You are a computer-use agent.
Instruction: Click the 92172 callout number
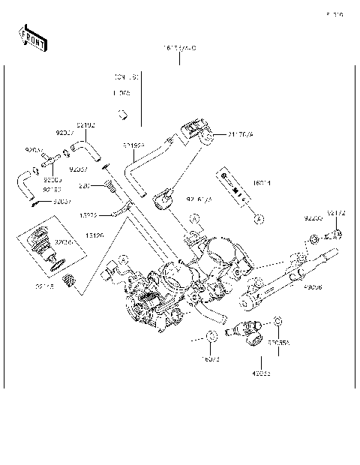pyautogui.click(x=337, y=213)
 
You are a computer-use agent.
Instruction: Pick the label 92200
pyautogui.click(x=313, y=218)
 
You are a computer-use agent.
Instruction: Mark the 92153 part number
pyautogui.click(x=51, y=190)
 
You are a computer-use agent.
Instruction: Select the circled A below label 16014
pyautogui.click(x=257, y=219)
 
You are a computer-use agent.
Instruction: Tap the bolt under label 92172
pyautogui.click(x=335, y=235)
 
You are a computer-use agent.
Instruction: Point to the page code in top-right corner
pyautogui.click(x=334, y=14)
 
